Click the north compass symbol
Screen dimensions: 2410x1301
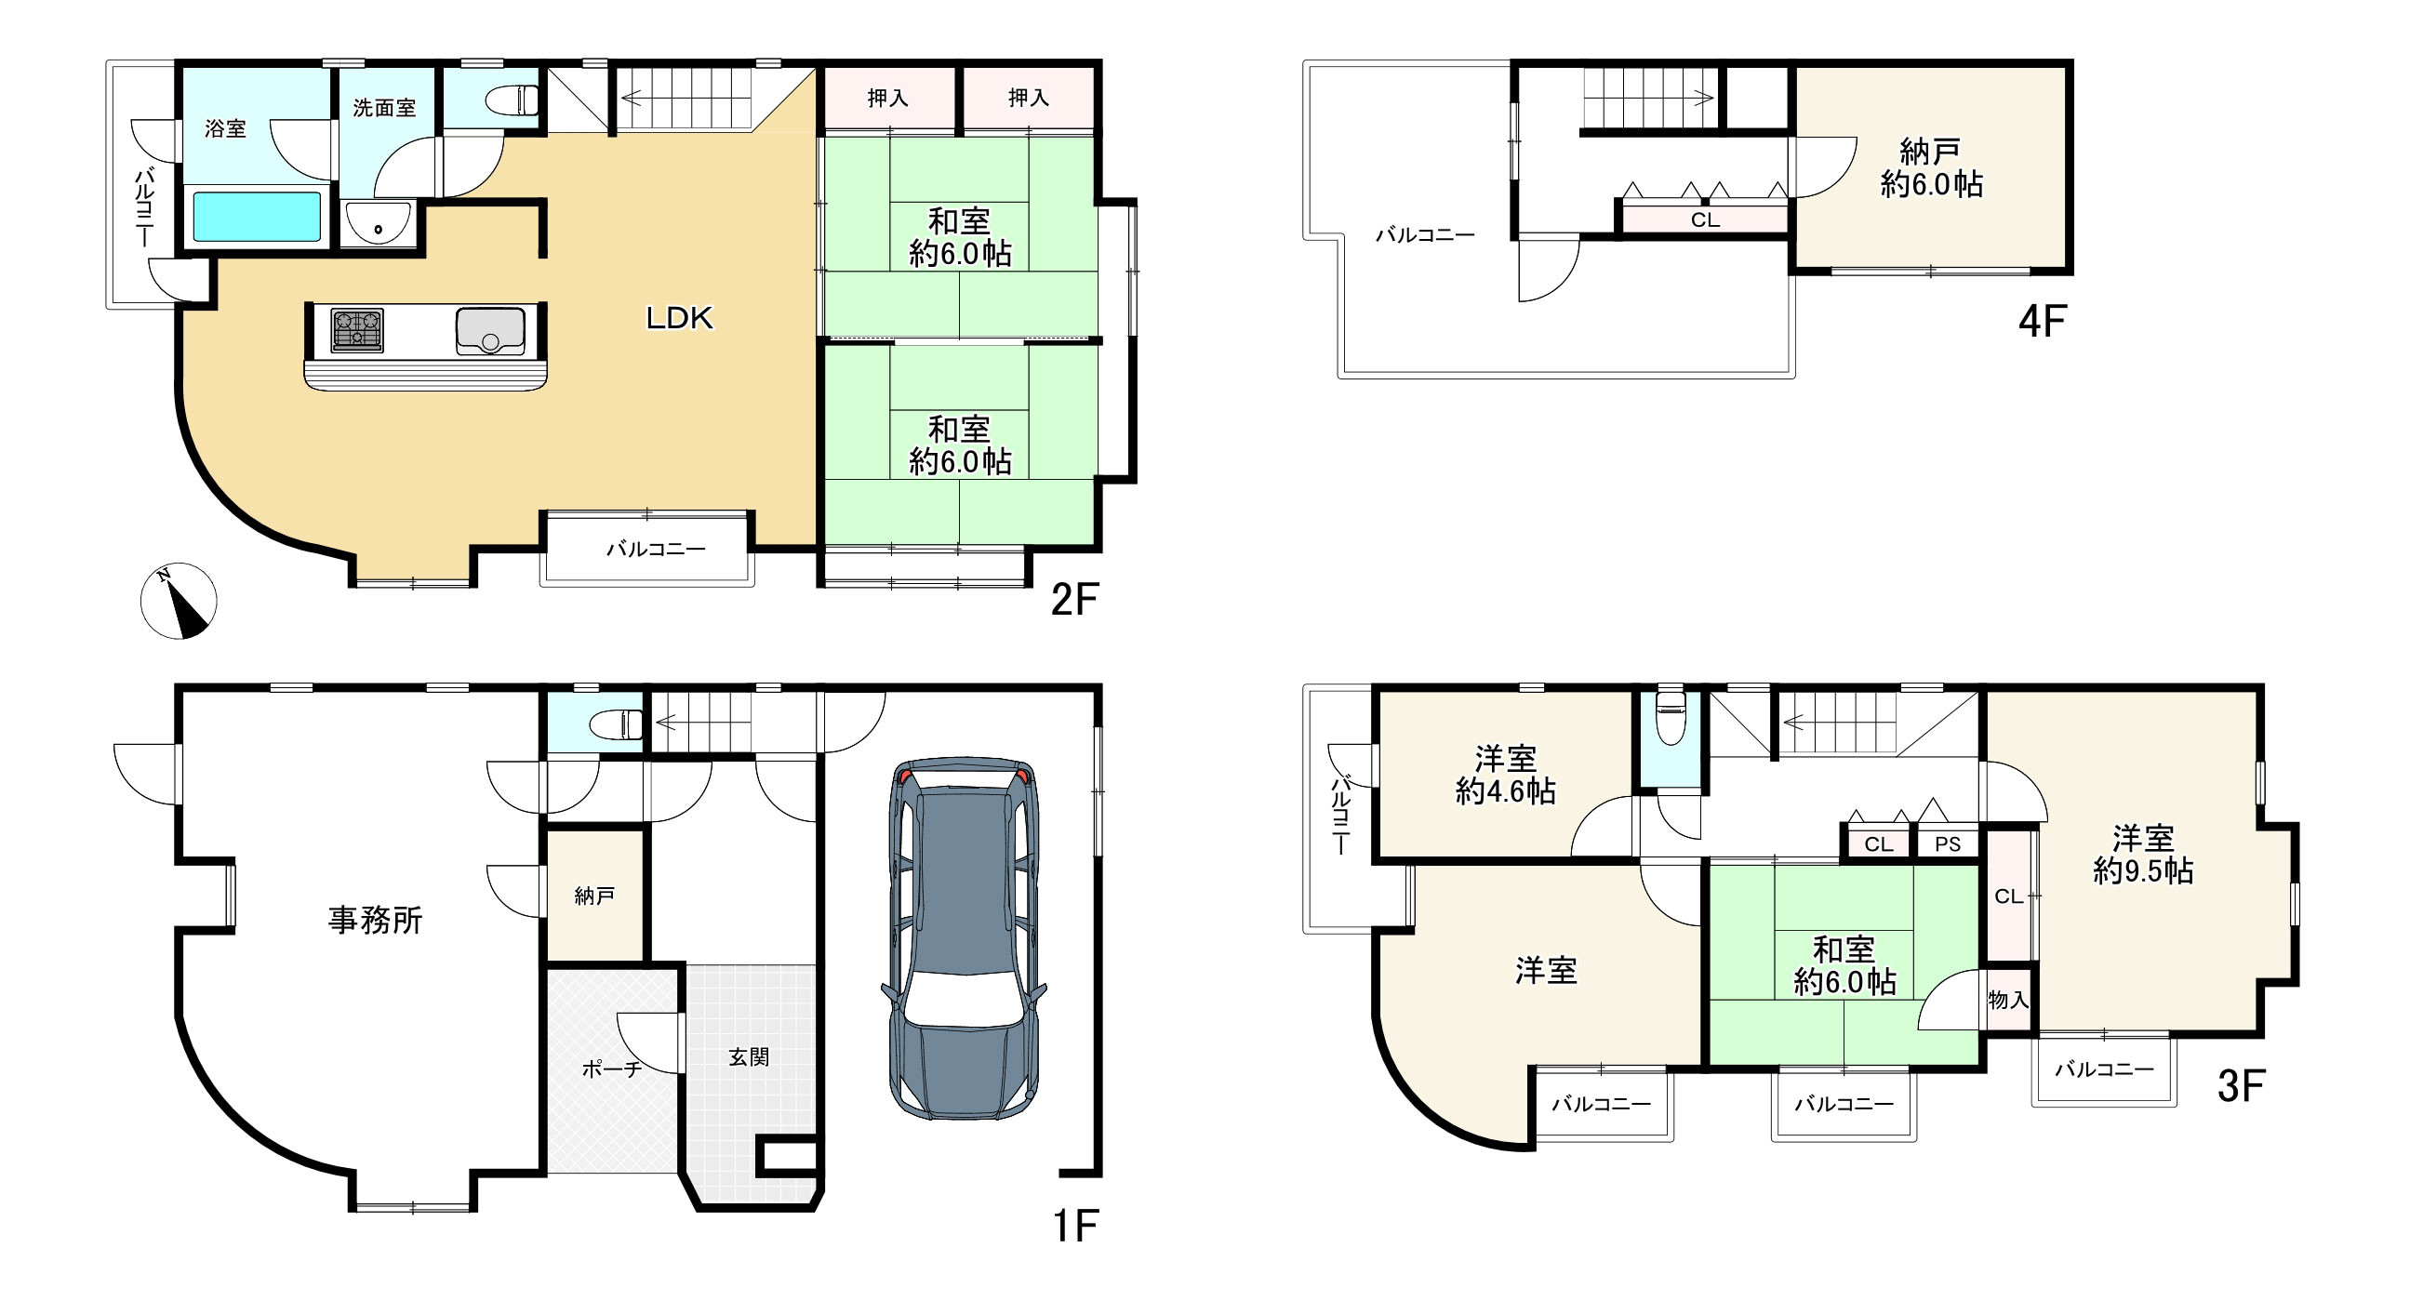179,601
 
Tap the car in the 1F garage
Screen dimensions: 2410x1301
964,938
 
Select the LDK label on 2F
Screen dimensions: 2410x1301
679,318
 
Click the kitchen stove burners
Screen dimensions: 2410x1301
357,330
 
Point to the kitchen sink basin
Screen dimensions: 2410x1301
490,331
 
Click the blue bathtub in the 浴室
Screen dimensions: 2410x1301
258,217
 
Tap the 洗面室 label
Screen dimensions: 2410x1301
383,108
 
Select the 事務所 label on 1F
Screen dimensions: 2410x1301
375,921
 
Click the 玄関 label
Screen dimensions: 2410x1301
749,1056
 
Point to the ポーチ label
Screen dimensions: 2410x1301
612,1069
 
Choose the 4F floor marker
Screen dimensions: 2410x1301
2042,322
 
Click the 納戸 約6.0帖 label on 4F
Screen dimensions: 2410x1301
1931,167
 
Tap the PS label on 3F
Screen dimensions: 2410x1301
1948,844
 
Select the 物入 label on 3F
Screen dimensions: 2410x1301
2007,1000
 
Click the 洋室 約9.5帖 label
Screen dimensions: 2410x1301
2142,854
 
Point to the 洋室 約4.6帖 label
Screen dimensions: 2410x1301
1505,775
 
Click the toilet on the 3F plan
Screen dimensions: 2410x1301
1670,717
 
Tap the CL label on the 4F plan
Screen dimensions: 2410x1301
1705,219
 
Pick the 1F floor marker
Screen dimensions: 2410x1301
1075,1227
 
